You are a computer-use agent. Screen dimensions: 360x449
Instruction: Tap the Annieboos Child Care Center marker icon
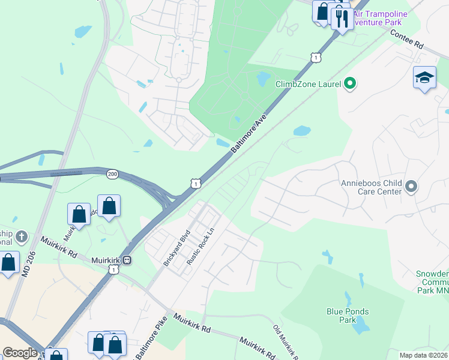(x=411, y=187)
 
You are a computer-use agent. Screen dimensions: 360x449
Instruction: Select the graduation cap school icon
(x=424, y=78)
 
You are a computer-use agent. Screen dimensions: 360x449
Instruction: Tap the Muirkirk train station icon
(x=127, y=260)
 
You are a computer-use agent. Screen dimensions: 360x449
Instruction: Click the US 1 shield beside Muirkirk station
(x=113, y=271)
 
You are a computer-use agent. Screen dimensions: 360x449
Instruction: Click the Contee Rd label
(x=406, y=40)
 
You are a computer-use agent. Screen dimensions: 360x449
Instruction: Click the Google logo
(x=20, y=353)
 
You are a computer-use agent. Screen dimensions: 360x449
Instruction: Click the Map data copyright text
(x=423, y=355)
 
